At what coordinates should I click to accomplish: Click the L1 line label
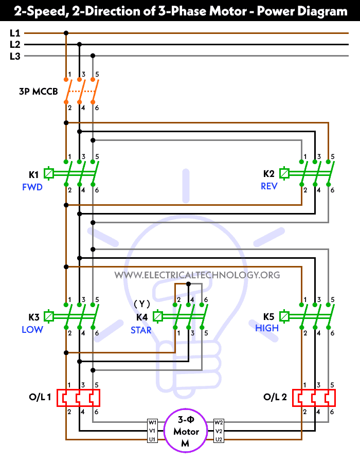15,33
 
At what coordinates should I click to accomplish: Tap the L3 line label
15,56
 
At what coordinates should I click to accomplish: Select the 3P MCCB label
39,92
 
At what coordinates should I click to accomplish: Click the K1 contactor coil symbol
49,173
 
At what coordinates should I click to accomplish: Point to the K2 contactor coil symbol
284,173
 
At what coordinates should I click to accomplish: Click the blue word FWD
32,187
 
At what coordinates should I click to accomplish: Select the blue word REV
269,186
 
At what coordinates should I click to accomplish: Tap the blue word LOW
32,330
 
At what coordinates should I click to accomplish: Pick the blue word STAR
141,330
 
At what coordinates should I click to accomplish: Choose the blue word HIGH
267,328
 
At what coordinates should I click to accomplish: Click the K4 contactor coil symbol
158,316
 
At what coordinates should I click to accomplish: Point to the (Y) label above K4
142,304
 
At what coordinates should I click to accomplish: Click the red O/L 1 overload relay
79,398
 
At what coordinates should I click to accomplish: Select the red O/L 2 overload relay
314,398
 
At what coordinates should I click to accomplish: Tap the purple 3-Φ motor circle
185,431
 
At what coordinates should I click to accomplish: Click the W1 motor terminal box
153,422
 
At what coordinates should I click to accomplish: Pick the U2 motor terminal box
219,439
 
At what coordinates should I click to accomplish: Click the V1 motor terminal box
153,431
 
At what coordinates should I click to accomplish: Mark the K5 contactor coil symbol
284,316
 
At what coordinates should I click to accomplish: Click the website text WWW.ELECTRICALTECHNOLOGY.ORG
197,275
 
